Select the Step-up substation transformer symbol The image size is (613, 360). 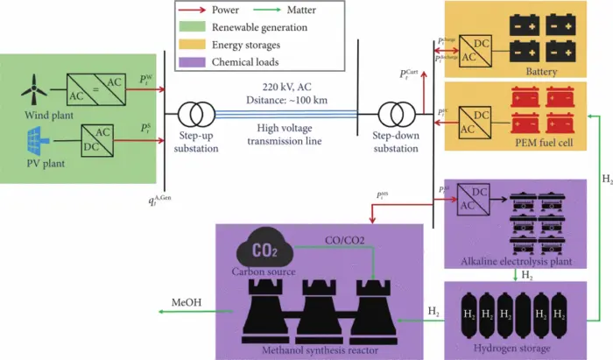(x=197, y=115)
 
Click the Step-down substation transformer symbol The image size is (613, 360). (x=392, y=115)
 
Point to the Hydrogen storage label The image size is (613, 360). (x=511, y=349)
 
